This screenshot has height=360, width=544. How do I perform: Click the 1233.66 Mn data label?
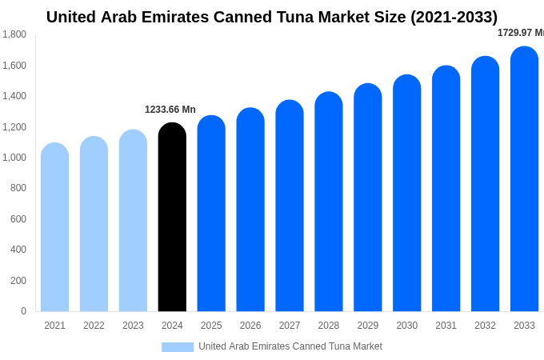click(170, 110)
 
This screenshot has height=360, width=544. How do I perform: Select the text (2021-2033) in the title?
click(454, 17)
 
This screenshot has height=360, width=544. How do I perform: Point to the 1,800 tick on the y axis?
click(14, 34)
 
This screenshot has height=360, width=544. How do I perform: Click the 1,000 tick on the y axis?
click(14, 158)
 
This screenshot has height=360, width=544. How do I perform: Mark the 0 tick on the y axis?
click(23, 311)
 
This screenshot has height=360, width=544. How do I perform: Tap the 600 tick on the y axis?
click(18, 219)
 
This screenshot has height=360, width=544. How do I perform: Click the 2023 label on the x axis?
click(133, 326)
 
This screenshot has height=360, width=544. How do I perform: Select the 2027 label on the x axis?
click(290, 326)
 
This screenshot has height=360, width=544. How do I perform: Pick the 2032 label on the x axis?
click(485, 326)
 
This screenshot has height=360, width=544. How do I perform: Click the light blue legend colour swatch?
click(178, 347)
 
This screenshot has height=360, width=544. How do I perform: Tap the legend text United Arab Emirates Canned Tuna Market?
click(290, 346)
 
